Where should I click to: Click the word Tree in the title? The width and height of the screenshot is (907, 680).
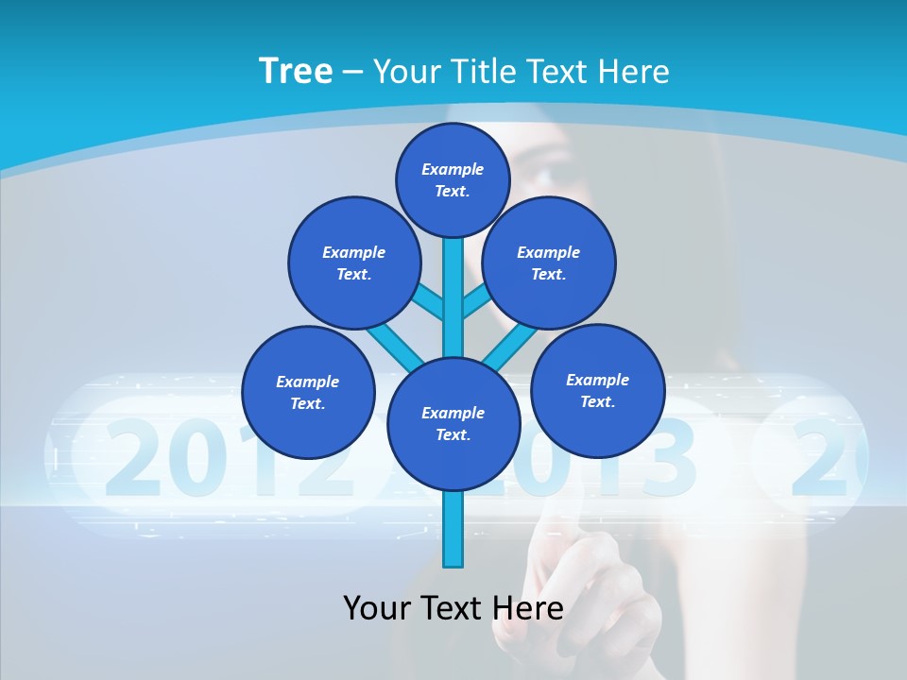[x=296, y=71]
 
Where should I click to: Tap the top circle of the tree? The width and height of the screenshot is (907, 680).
[x=453, y=179]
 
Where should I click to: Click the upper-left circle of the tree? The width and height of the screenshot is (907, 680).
[x=353, y=263]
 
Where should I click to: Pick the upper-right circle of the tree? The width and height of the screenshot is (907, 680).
[x=548, y=263]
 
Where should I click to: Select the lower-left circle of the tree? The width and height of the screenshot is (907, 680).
[x=308, y=392]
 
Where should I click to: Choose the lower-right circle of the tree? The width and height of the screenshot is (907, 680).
[x=597, y=389]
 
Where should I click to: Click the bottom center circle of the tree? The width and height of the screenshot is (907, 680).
[x=453, y=423]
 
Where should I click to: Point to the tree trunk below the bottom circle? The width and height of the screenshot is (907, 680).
[x=453, y=529]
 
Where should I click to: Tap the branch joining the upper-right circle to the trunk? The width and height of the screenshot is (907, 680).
[x=476, y=303]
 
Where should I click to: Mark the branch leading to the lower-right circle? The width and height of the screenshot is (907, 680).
[x=510, y=346]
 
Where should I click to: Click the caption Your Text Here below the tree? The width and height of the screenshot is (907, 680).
[x=453, y=607]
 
